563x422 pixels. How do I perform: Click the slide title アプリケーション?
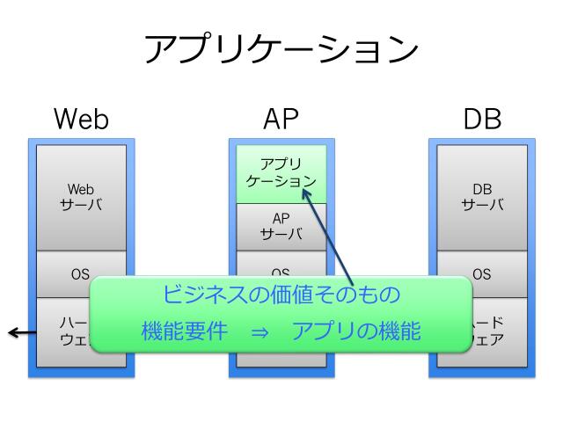click(x=281, y=49)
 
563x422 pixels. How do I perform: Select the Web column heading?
click(x=82, y=119)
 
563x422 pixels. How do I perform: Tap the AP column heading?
click(x=281, y=119)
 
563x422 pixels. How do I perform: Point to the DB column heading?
click(x=482, y=119)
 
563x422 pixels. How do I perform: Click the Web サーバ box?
click(x=81, y=197)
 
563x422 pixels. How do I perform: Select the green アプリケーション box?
click(x=281, y=173)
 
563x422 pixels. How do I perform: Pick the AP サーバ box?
click(x=281, y=227)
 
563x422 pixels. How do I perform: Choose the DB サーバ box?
click(x=482, y=197)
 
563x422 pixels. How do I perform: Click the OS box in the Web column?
click(x=81, y=273)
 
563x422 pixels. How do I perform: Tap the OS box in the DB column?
click(x=482, y=273)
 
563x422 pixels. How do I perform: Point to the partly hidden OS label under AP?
click(x=281, y=272)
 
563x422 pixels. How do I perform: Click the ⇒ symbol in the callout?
click(x=256, y=333)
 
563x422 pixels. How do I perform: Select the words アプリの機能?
click(x=356, y=332)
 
